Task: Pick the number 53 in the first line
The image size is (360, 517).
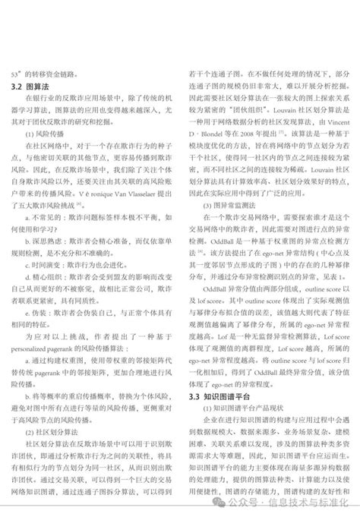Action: tap(14, 74)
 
